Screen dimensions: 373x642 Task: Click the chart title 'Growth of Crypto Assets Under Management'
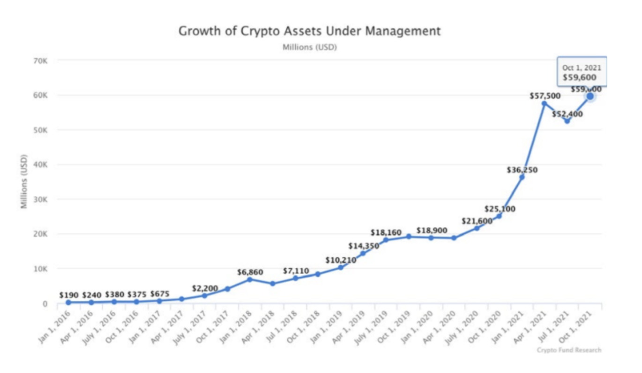[x=310, y=31]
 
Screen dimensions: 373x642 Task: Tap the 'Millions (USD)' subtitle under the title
[x=310, y=47]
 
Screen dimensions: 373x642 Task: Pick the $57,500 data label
[x=545, y=96]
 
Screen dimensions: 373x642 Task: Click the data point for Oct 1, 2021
[x=590, y=96]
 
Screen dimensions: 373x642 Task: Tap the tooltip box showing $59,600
[x=582, y=72]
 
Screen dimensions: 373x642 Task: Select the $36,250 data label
[x=522, y=170]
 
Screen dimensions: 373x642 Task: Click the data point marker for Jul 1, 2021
[x=567, y=121]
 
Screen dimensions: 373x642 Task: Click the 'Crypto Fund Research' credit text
[x=569, y=350]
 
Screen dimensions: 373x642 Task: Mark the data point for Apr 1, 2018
[x=273, y=283]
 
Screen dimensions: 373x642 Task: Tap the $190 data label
[x=69, y=295]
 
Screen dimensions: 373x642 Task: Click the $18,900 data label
[x=432, y=231]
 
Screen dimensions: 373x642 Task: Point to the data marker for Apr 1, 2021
[x=544, y=103]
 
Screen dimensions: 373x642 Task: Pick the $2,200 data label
[x=205, y=288]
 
